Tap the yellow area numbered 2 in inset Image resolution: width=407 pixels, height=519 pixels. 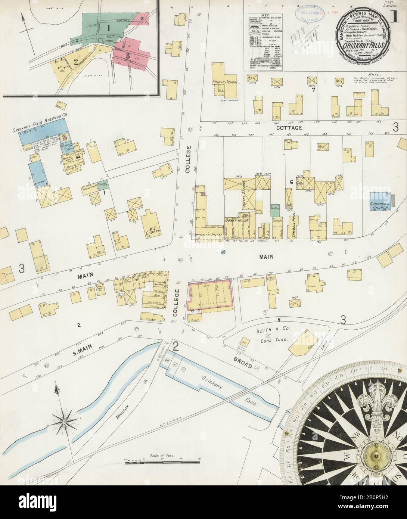pos(76,62)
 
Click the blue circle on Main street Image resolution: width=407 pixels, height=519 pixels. pos(223,252)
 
